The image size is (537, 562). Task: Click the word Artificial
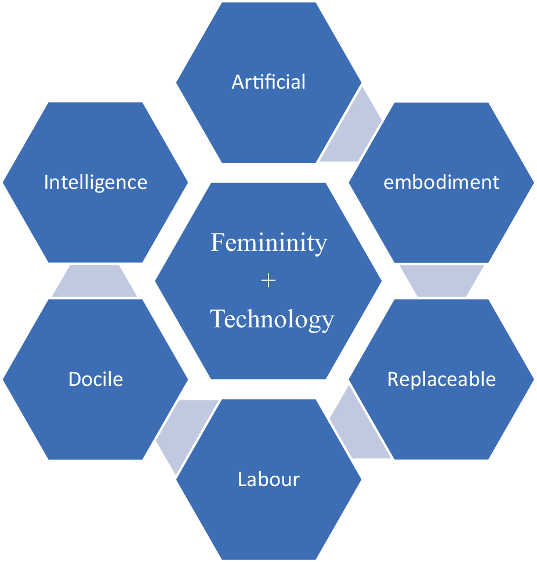268,82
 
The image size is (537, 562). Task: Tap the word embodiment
441,183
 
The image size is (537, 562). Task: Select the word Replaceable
441,379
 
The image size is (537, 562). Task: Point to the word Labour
268,480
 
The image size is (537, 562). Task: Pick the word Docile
96,379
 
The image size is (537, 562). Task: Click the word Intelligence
96,183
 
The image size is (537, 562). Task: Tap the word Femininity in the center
268,242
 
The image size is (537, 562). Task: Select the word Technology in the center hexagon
272,319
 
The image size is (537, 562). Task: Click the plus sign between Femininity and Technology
268,281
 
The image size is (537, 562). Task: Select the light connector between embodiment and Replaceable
442,280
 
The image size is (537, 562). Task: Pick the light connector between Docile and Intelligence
95,281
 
